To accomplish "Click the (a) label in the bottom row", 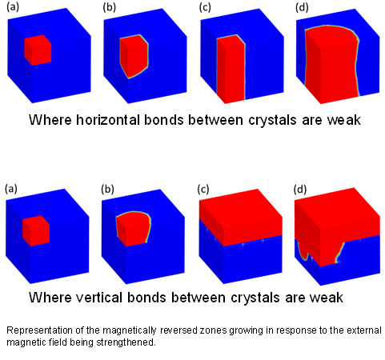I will pos(11,189).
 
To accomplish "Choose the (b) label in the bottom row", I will pos(108,189).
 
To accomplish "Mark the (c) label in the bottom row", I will pos(204,189).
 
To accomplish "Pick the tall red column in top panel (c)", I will pos(231,70).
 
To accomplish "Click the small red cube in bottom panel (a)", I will pos(36,230).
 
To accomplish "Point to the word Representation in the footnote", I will pos(38,330).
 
